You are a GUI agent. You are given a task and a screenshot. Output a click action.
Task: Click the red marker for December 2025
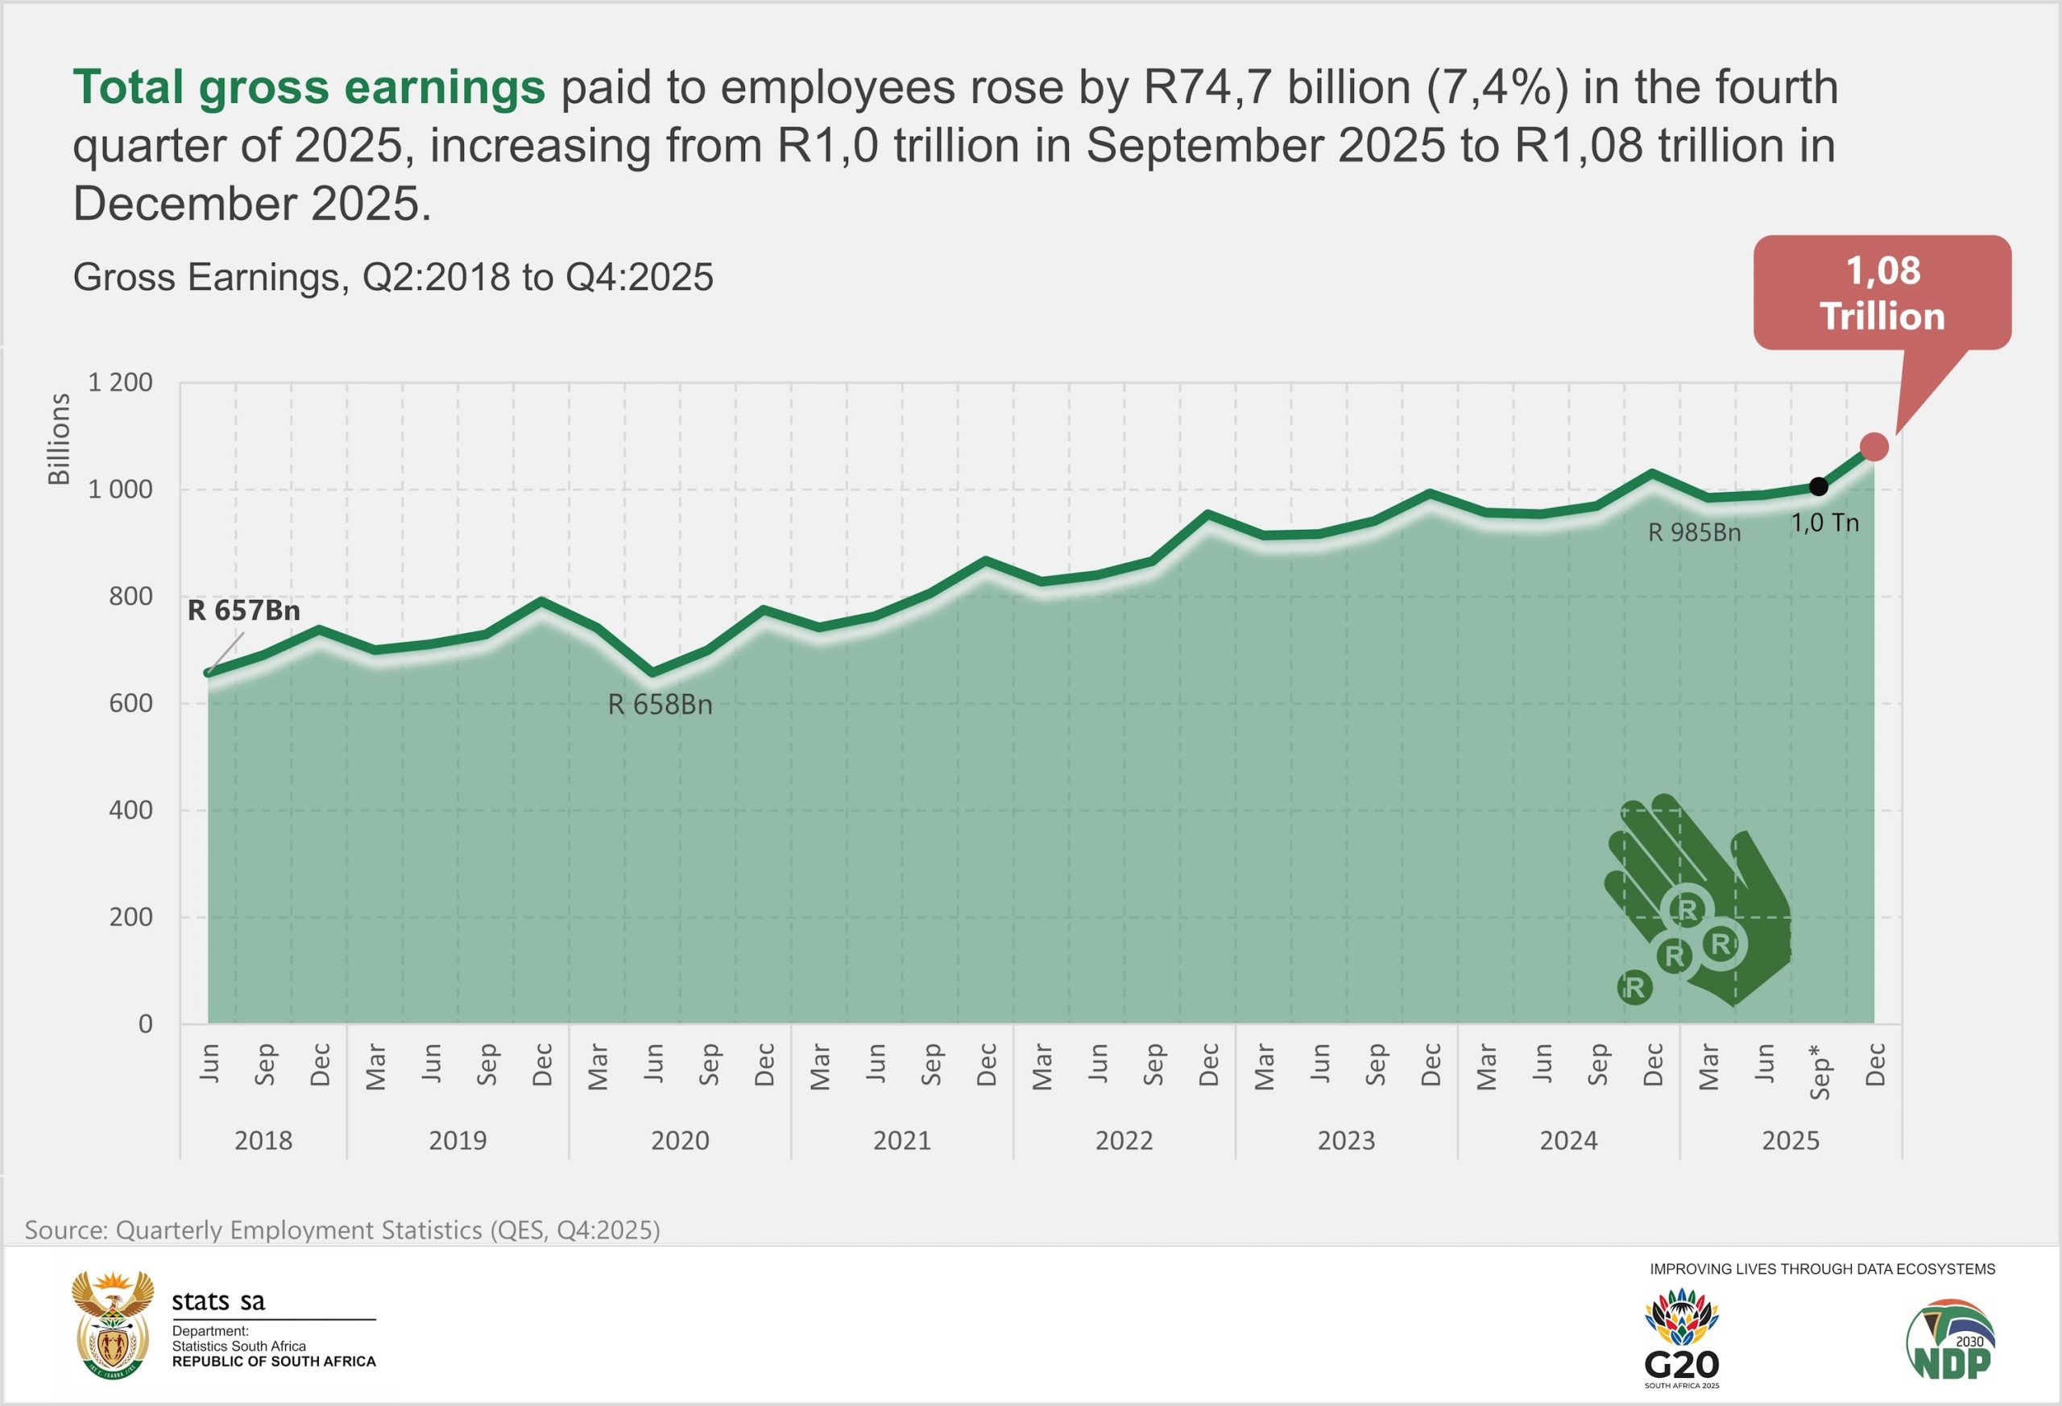(1874, 447)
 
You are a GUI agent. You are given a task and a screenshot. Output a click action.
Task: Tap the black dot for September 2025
(1819, 486)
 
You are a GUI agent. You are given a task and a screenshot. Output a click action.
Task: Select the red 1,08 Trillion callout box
(1882, 293)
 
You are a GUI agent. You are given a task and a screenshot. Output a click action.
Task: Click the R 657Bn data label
(244, 610)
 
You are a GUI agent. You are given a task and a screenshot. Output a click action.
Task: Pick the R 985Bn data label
(1694, 533)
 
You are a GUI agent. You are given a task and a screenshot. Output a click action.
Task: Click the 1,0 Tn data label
(1825, 523)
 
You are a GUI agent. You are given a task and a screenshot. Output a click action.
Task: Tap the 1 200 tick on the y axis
(120, 383)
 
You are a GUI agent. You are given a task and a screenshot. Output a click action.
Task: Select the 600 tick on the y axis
(130, 704)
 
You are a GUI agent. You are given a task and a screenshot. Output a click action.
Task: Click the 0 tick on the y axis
(146, 1023)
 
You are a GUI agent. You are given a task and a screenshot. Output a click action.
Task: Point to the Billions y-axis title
(59, 440)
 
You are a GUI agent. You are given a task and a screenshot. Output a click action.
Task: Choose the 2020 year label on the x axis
(680, 1140)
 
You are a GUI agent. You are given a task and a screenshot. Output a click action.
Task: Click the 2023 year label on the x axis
(1346, 1140)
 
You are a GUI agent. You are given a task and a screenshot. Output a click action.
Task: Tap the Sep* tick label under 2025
(1819, 1072)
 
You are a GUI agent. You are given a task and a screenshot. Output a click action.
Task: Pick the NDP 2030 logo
(1951, 1340)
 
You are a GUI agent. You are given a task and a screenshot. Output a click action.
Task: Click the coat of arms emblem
(110, 1325)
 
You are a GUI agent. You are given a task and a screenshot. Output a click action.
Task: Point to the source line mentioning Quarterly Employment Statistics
(342, 1230)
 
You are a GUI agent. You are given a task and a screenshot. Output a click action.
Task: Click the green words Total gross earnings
(308, 87)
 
